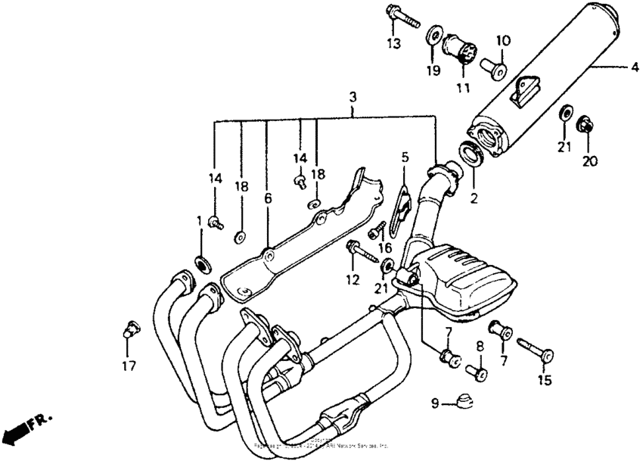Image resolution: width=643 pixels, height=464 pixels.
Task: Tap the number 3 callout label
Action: [353, 98]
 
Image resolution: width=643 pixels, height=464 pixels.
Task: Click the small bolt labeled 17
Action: [129, 330]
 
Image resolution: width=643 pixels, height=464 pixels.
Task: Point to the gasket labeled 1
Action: [203, 264]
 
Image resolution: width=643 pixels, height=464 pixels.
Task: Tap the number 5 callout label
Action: [405, 157]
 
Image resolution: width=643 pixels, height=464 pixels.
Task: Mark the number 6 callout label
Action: [267, 198]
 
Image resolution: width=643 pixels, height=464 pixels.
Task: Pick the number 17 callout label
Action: [129, 366]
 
